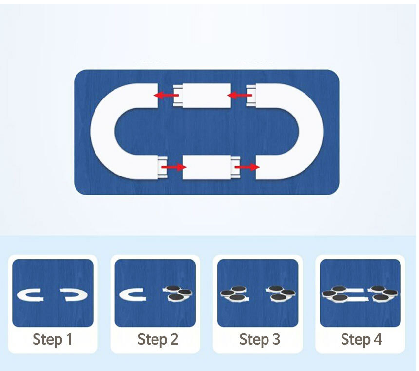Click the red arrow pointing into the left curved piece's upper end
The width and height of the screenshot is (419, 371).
coord(166,95)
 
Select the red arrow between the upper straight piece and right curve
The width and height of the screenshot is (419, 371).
coord(239,95)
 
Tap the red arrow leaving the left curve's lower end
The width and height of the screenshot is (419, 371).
coord(174,167)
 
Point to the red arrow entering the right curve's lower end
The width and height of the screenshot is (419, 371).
coord(247,167)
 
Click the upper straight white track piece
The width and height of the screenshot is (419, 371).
coord(207,96)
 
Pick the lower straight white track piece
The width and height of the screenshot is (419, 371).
coord(207,167)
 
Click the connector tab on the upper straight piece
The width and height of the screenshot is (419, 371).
coord(178,96)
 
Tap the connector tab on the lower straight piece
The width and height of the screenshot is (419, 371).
coord(236,167)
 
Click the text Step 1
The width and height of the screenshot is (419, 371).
coord(53,340)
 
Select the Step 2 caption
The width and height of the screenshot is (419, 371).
coord(158,340)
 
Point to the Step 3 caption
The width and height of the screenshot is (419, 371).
coord(260,340)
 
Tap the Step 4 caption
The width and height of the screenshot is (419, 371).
coord(362,340)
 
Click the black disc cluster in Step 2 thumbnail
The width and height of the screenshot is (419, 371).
coord(178,293)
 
